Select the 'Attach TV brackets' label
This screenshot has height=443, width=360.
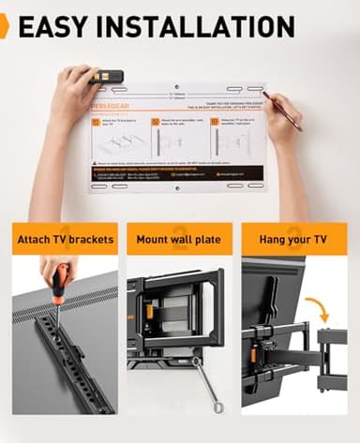(x=66, y=239)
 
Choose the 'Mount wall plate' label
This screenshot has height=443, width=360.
(x=179, y=239)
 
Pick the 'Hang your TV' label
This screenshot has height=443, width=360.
(x=293, y=239)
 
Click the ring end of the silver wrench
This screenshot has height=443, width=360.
(x=217, y=406)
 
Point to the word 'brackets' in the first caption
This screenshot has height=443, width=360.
(x=91, y=239)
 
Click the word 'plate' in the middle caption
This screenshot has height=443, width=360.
(x=205, y=239)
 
